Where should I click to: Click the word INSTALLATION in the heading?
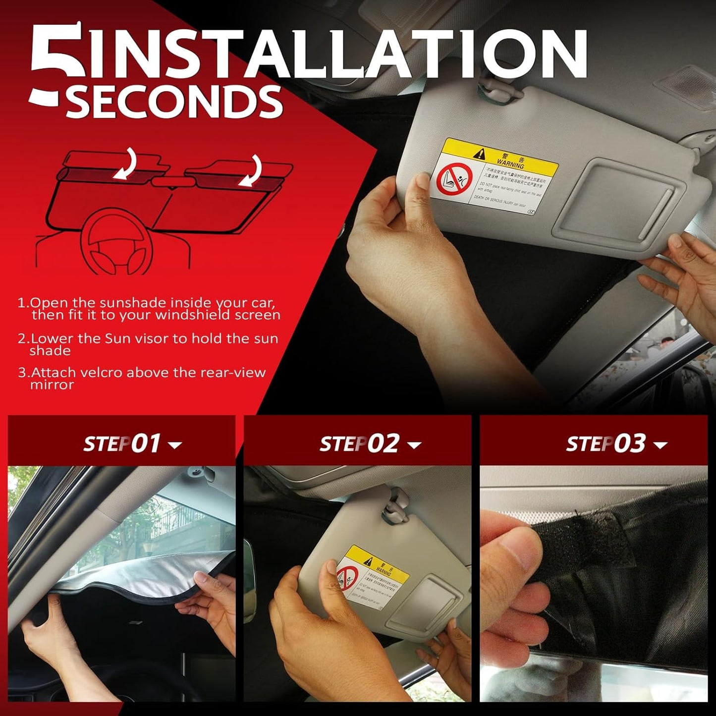pos(337,55)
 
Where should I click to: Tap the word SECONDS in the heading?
pos(173,102)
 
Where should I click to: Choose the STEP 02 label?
pos(359,443)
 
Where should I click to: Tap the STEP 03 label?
pos(606,443)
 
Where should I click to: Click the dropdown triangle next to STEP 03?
pos(660,445)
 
